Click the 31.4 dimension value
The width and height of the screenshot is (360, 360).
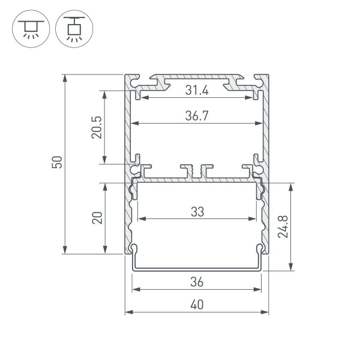[x=197, y=91]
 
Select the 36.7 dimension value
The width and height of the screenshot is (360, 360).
[x=197, y=116]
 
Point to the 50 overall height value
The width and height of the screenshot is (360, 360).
[x=57, y=163]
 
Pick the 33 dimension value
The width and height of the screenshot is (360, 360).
[x=197, y=211]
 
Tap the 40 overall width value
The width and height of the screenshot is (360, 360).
[x=197, y=305]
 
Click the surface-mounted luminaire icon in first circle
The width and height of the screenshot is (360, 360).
[x=29, y=29]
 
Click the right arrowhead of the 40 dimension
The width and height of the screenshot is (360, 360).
[x=266, y=313]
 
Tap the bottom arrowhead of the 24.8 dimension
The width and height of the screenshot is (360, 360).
[x=292, y=268]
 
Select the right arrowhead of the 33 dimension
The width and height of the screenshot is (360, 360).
[x=255, y=218]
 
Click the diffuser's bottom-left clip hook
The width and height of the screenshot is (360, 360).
[x=134, y=251]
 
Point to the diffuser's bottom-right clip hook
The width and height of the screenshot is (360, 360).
[x=260, y=251]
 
